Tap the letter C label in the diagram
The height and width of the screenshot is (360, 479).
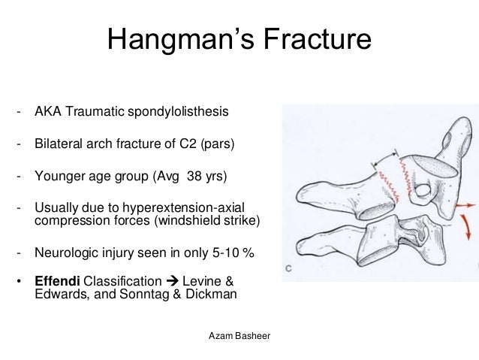[290, 268]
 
